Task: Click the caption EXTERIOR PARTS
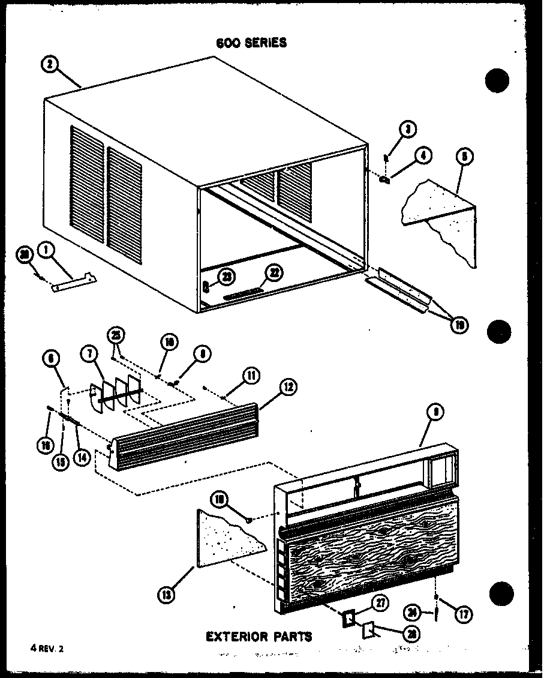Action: click(x=259, y=636)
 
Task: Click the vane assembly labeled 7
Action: click(x=117, y=393)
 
